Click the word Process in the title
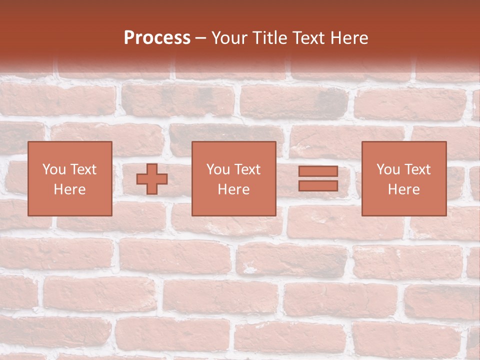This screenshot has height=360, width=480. coord(157,38)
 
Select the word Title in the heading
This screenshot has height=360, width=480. coord(270,38)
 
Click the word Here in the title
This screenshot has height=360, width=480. coord(350,38)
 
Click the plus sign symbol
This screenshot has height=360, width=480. coord(152,179)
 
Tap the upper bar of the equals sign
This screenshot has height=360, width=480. coord(318,171)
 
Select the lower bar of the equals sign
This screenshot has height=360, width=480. coord(318,185)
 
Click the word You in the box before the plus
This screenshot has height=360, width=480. coord(54,169)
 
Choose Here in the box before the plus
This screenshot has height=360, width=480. coord(69,189)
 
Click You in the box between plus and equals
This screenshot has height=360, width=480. coord(218,169)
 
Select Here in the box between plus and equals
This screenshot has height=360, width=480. coord(233,189)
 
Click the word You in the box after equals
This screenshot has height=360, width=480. coord(388,169)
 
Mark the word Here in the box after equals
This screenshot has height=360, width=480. coord(403,189)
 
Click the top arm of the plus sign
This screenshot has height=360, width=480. coord(152,168)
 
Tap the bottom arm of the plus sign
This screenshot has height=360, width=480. coord(152,189)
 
